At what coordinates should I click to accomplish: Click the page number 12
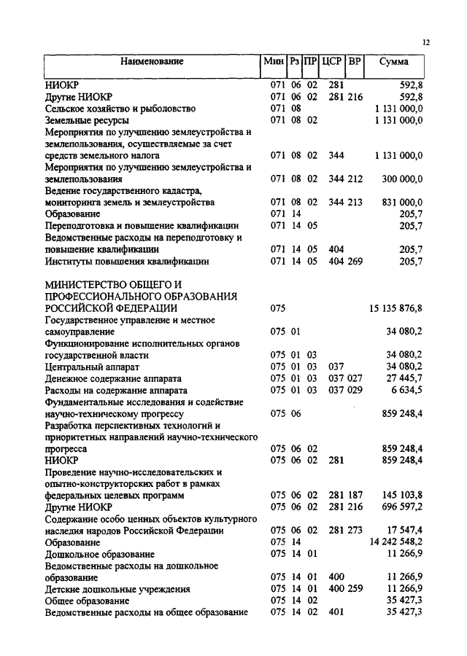(426, 43)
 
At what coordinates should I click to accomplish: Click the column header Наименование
(152, 63)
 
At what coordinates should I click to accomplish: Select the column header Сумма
(394, 63)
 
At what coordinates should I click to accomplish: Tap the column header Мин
(273, 63)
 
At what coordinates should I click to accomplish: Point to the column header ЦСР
(331, 63)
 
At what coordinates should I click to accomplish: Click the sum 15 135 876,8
(396, 308)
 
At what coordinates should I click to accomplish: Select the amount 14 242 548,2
(396, 543)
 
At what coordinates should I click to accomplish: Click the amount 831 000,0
(399, 202)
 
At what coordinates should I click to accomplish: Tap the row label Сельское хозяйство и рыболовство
(121, 108)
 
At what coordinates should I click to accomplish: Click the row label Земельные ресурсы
(88, 120)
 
